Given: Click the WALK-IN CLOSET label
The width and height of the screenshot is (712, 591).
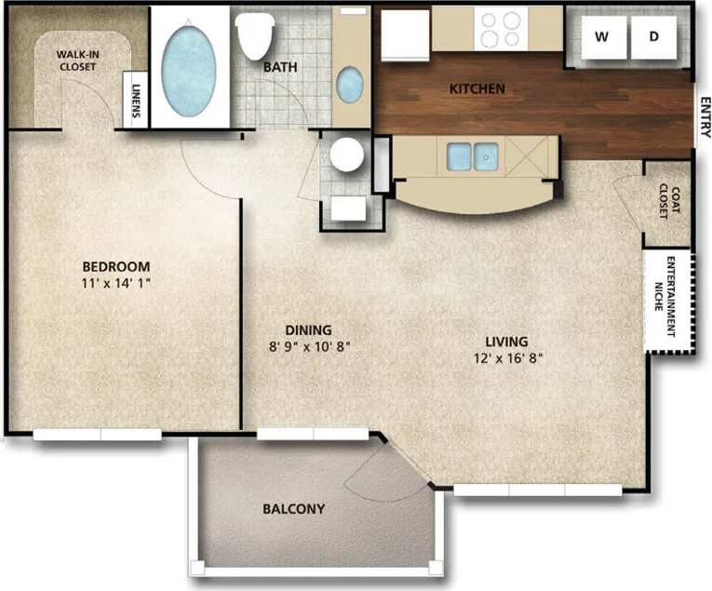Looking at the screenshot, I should (x=77, y=60).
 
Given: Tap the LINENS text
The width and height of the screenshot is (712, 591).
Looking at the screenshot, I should (x=136, y=101).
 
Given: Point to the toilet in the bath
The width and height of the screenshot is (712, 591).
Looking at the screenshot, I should (x=255, y=34).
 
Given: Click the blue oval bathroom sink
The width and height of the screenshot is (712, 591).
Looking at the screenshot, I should (x=350, y=85).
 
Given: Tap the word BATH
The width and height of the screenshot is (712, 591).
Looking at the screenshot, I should (x=279, y=67).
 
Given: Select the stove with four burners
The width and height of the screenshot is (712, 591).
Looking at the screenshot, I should (x=501, y=29).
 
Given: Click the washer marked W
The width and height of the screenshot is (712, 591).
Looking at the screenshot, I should (x=602, y=36).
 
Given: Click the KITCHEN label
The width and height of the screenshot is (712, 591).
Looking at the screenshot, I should (x=477, y=89).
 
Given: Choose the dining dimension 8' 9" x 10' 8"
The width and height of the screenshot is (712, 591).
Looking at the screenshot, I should (x=308, y=348).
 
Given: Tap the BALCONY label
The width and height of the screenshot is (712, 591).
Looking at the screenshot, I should (x=293, y=509).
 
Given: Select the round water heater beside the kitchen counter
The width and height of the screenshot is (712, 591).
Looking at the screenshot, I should (x=347, y=154).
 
